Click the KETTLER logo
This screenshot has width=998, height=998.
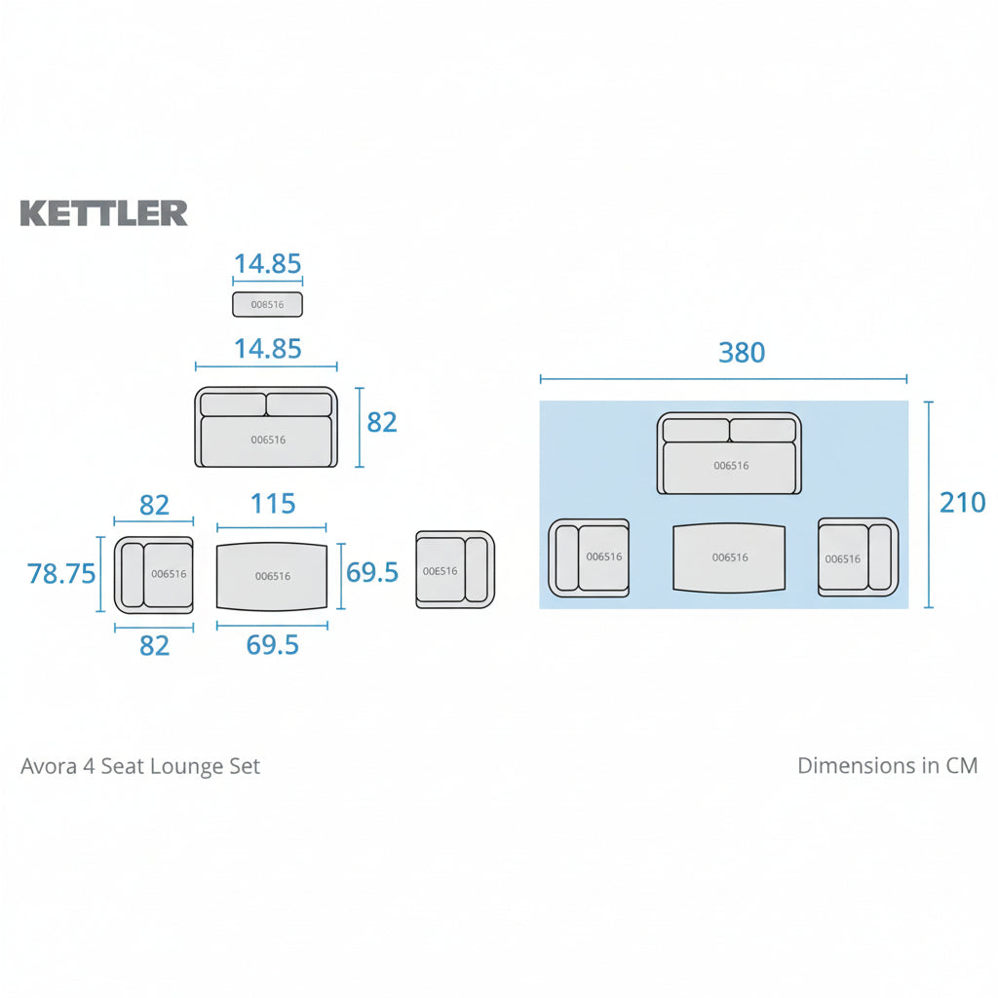103,213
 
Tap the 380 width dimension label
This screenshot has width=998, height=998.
742,353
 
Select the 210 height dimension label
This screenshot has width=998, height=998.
962,503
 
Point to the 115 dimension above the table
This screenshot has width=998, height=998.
272,504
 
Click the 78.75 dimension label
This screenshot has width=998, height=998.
61,574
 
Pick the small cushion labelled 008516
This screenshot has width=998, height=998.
267,304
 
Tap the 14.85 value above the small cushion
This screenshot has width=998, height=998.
267,264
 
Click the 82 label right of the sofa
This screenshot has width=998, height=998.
382,422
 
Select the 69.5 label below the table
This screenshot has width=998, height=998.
272,645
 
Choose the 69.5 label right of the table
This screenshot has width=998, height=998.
372,572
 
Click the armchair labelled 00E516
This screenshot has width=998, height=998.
455,570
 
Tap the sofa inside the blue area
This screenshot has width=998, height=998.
729,453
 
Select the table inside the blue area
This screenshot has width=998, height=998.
729,557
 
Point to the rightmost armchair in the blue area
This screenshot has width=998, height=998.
857,557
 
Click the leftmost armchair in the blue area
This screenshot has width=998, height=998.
589,557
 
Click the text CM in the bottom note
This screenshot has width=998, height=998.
961,766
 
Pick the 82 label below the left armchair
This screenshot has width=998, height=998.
154,645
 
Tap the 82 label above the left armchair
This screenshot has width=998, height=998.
154,505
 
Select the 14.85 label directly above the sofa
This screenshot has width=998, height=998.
267,349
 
